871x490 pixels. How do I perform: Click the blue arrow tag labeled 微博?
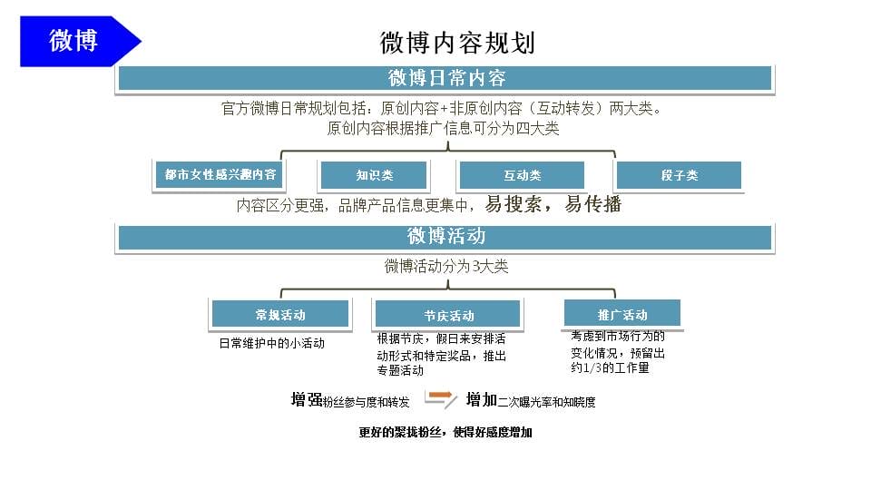[x=81, y=41]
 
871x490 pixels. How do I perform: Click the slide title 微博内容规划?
[x=457, y=43]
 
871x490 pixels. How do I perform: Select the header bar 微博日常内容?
[x=445, y=78]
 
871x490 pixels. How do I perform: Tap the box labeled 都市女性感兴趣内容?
[x=220, y=174]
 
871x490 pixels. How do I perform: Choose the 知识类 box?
[x=374, y=175]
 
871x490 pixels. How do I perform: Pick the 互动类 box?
[x=522, y=175]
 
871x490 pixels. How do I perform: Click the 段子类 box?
[x=679, y=175]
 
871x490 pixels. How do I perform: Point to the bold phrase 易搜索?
[x=514, y=204]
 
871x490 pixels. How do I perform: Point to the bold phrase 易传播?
[x=592, y=204]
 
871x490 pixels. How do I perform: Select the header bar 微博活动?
[x=445, y=237]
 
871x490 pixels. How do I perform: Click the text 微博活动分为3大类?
[x=446, y=266]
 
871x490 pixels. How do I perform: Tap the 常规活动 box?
[x=280, y=314]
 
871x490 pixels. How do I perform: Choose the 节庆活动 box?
[x=447, y=314]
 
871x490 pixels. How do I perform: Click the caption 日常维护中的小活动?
[x=271, y=343]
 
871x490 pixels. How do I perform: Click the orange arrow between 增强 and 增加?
[x=441, y=397]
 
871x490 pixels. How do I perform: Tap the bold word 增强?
[x=307, y=399]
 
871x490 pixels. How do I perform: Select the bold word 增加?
[x=481, y=399]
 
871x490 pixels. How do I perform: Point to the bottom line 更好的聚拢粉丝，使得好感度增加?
[x=445, y=432]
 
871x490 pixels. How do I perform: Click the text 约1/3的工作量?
[x=610, y=367]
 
